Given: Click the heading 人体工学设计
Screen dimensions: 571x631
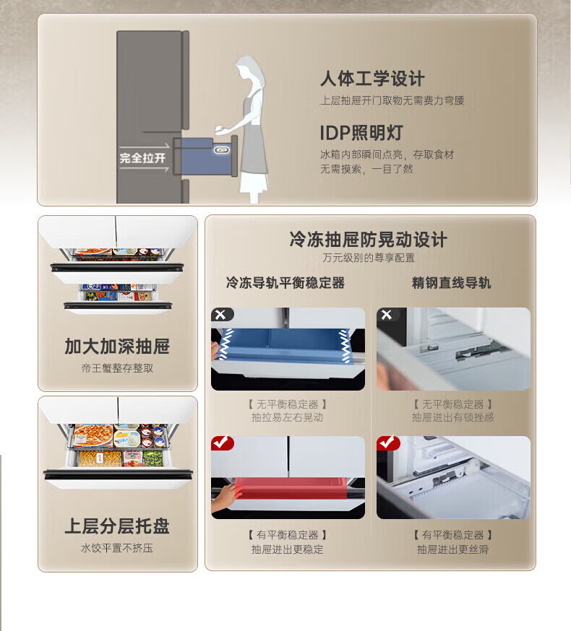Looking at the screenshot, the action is (x=372, y=79).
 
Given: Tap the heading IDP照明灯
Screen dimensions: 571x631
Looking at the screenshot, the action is (x=361, y=133).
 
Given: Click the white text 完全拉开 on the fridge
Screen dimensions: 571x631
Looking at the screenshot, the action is (x=142, y=158).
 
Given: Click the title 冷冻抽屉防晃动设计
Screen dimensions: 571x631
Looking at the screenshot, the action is (x=369, y=240).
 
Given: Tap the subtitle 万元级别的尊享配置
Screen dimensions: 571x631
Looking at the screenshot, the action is (x=369, y=258).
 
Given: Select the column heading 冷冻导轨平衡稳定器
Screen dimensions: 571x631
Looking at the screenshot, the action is (x=285, y=283).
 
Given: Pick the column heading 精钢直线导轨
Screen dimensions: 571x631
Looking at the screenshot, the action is (x=451, y=283).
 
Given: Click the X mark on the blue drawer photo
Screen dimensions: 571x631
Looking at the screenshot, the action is (x=221, y=315).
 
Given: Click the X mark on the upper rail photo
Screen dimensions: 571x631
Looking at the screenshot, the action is (x=387, y=315).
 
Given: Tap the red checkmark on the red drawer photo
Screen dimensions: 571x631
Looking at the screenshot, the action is (x=222, y=443).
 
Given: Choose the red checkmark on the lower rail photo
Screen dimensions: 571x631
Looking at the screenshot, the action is (x=387, y=443).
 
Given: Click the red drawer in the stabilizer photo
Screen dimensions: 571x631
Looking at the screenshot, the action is (x=290, y=488).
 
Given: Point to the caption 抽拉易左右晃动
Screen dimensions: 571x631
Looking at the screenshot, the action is (x=288, y=417).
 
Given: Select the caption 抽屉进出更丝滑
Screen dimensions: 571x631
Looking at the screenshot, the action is (x=453, y=549).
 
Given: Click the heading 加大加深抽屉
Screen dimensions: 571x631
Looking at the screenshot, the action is (x=117, y=346).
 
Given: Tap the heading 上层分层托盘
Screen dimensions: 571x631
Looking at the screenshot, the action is (x=117, y=526).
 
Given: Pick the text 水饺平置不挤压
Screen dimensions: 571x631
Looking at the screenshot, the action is (x=117, y=548).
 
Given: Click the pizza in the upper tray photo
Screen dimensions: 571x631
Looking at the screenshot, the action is (x=93, y=435).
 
